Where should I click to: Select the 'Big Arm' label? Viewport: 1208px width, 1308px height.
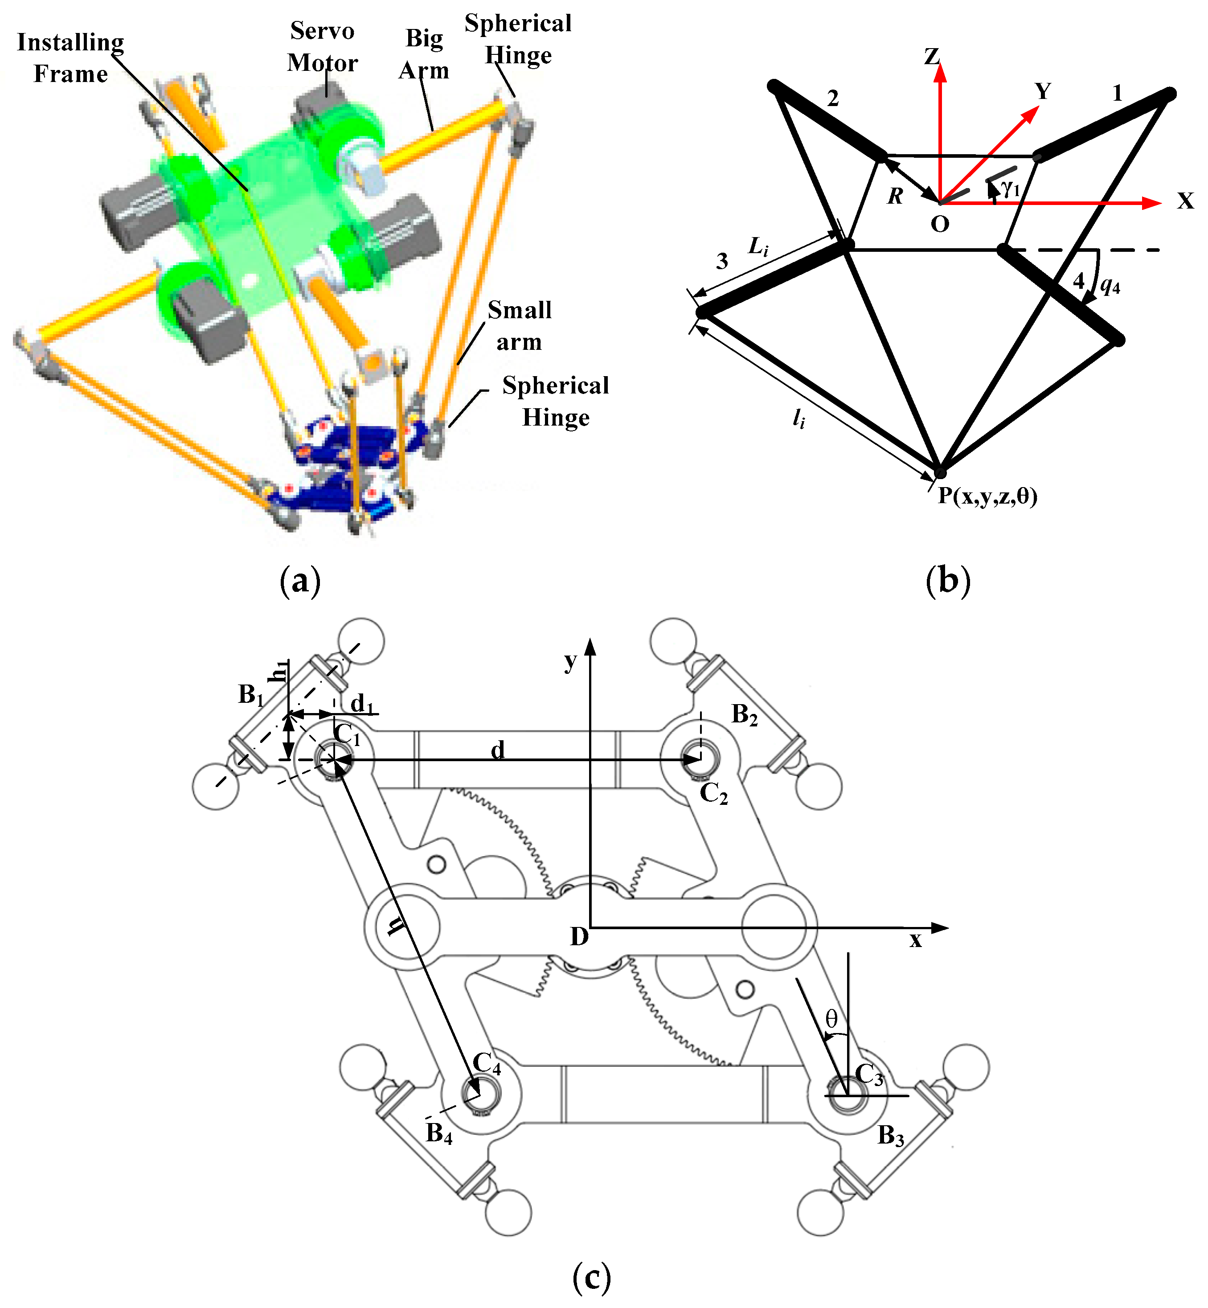pyautogui.click(x=424, y=54)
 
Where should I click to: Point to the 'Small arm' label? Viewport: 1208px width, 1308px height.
pyautogui.click(x=520, y=325)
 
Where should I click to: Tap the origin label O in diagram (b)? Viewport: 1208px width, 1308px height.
pyautogui.click(x=939, y=224)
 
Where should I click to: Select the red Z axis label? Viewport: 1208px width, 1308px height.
pyautogui.click(x=931, y=57)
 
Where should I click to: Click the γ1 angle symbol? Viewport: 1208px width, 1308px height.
pyautogui.click(x=1011, y=188)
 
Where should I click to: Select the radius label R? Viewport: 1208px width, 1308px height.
pyautogui.click(x=895, y=196)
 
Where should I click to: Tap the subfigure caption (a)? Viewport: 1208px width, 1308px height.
pyautogui.click(x=300, y=580)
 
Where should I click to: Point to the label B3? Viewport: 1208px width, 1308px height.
pyautogui.click(x=890, y=1136)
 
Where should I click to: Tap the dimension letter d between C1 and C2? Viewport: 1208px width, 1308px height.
pyautogui.click(x=497, y=750)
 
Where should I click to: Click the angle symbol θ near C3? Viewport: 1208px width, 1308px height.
pyautogui.click(x=831, y=1018)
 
